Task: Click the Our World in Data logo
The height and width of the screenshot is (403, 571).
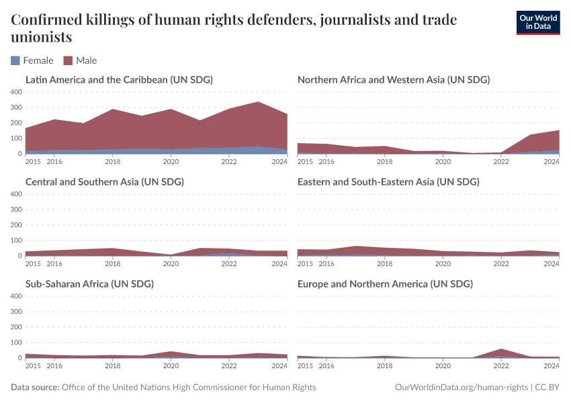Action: pyautogui.click(x=537, y=22)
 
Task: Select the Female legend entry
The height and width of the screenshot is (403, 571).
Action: pyautogui.click(x=32, y=60)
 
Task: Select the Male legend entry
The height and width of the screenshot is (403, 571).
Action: pyautogui.click(x=80, y=60)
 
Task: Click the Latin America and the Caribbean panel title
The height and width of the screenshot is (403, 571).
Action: pyautogui.click(x=119, y=79)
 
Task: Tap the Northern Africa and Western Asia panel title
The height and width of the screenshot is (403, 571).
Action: pyautogui.click(x=393, y=79)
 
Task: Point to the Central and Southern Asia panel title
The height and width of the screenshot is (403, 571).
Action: pyautogui.click(x=104, y=181)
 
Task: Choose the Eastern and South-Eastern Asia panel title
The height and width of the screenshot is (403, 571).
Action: pyautogui.click(x=388, y=181)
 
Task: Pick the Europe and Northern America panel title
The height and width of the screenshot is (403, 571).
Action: pyautogui.click(x=385, y=283)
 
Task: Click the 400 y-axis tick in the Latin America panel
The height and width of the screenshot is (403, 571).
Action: pyautogui.click(x=16, y=92)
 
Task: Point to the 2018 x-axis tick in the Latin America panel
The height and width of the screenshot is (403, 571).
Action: pyautogui.click(x=113, y=162)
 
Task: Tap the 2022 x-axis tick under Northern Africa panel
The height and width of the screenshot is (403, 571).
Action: pyautogui.click(x=501, y=162)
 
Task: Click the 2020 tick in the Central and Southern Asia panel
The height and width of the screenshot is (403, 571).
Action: pyautogui.click(x=171, y=264)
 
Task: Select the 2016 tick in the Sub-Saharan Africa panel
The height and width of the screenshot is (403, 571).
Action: pyautogui.click(x=54, y=366)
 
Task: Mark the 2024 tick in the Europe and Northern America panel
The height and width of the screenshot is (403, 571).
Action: pyautogui.click(x=551, y=366)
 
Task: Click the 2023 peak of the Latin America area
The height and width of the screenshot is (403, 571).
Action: pyautogui.click(x=258, y=102)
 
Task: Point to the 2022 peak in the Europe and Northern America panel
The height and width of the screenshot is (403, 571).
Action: pyautogui.click(x=501, y=349)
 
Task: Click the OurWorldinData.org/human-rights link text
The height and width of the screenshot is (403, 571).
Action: pyautogui.click(x=461, y=388)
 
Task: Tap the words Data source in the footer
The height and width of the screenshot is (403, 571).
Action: pyautogui.click(x=35, y=388)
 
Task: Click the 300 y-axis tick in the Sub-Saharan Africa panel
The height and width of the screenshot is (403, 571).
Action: pyautogui.click(x=16, y=312)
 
